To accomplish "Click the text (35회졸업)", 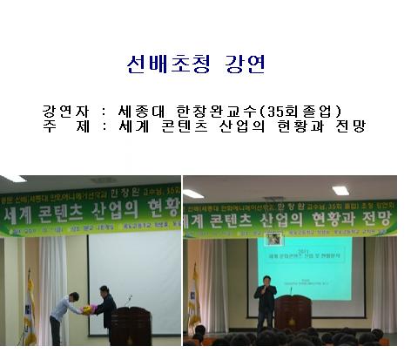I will (297, 112).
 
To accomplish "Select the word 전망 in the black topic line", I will (347, 127).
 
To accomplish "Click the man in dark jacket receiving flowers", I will (105, 309).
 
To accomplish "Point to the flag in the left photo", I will (30, 305).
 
